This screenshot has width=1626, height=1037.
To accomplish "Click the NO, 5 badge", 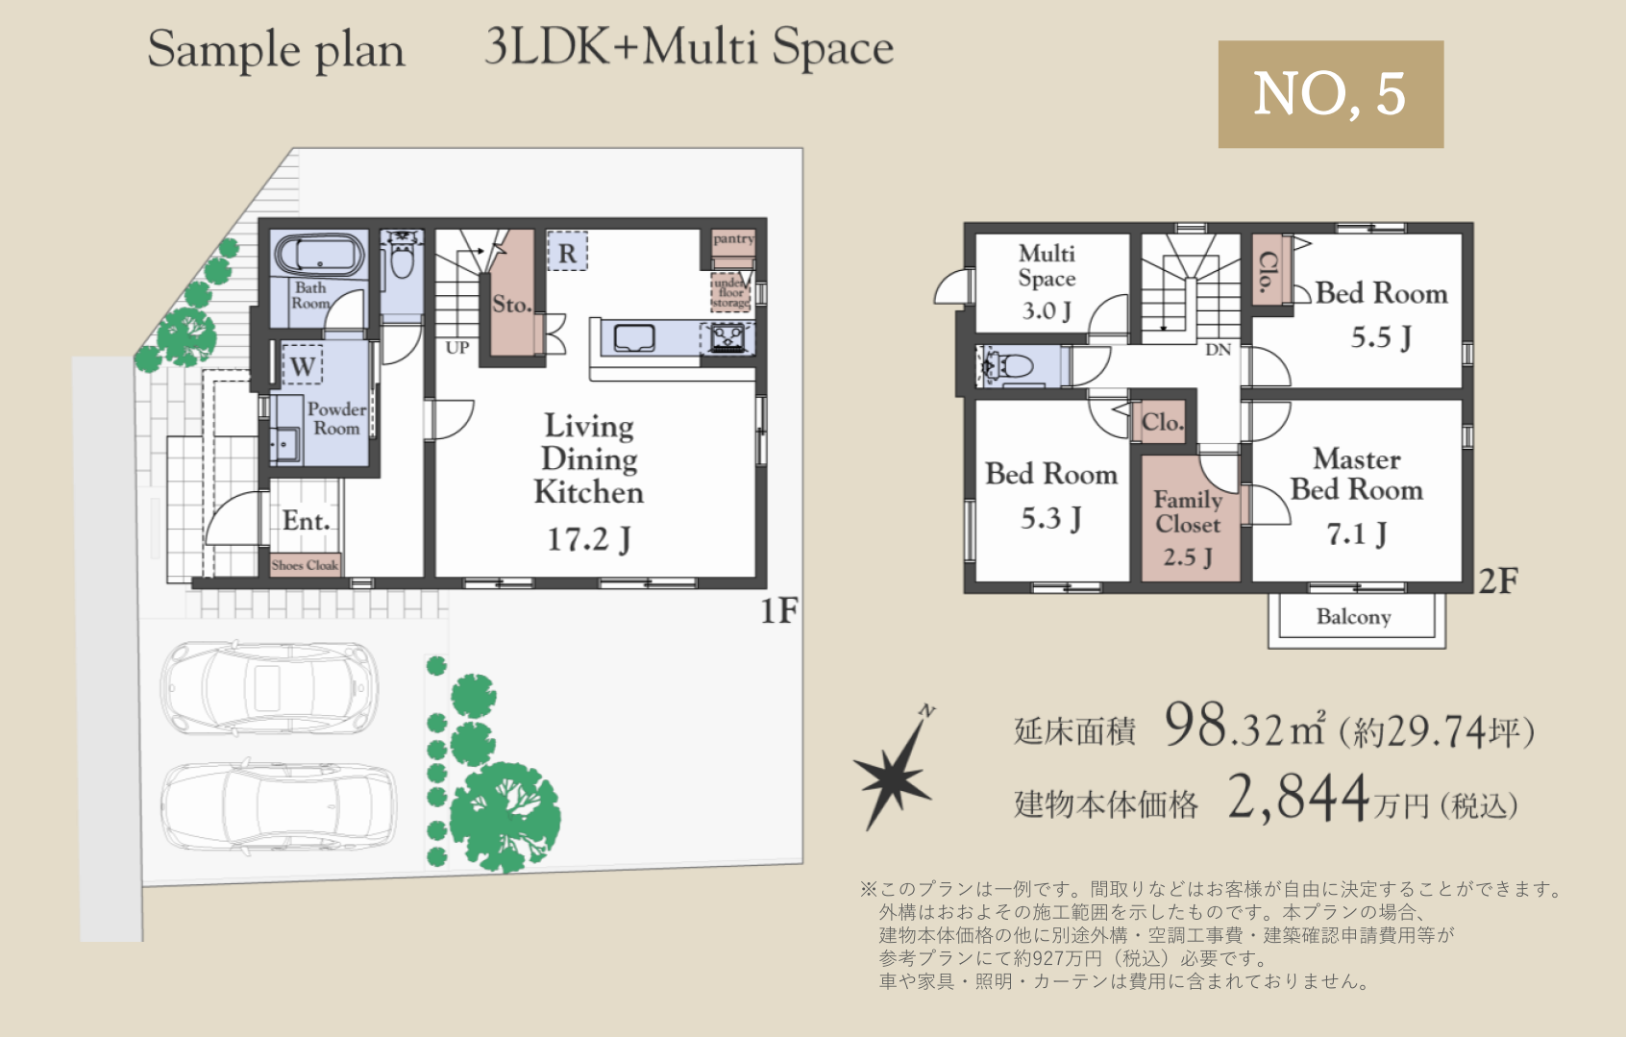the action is (1331, 94).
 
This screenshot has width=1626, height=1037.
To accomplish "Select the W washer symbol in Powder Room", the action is (303, 364).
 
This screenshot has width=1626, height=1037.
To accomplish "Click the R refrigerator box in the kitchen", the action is (567, 251).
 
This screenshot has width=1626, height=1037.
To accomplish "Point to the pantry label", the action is (733, 238).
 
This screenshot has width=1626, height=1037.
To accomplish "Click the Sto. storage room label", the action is (512, 304).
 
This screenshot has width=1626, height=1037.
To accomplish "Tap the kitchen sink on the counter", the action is (634, 337).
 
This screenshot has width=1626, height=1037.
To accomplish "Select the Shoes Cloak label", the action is (305, 565).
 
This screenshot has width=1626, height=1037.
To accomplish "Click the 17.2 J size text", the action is (589, 539).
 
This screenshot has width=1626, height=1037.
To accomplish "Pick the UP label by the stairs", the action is (457, 348).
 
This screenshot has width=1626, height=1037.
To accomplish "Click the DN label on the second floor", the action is (1218, 350).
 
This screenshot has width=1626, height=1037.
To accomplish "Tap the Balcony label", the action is (1354, 617).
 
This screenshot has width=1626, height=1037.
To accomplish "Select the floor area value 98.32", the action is (1223, 727).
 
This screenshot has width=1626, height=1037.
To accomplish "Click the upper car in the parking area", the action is (268, 687).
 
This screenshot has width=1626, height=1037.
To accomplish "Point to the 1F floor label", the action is (778, 610).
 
